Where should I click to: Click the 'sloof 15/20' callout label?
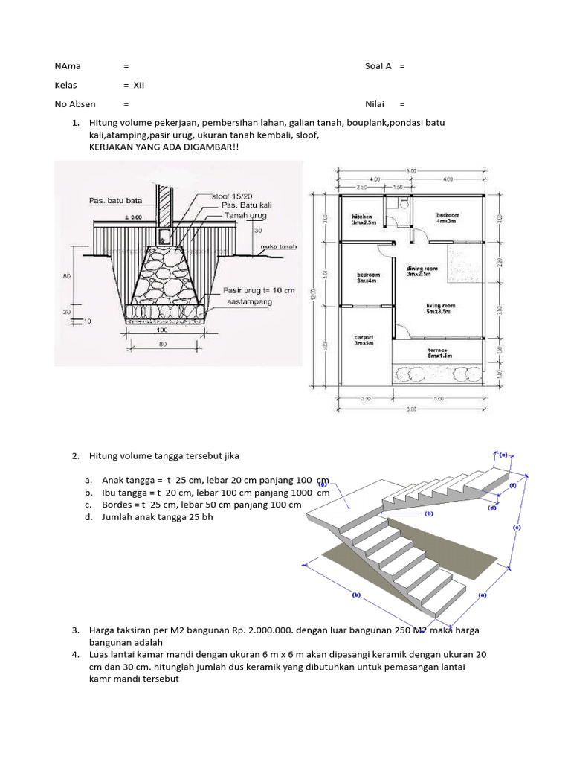point(232,196)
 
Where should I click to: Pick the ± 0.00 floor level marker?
point(112,216)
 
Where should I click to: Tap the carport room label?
point(363,340)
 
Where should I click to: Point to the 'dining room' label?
point(422,271)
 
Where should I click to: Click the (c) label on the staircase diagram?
point(517,527)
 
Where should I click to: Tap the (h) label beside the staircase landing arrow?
point(323,484)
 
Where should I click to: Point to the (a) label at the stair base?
point(482,595)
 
